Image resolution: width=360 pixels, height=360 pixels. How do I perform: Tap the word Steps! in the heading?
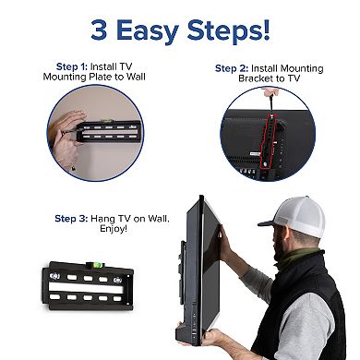230,30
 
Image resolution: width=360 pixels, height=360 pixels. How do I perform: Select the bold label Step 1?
71,66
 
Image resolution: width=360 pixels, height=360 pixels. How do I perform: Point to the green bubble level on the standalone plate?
95,268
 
